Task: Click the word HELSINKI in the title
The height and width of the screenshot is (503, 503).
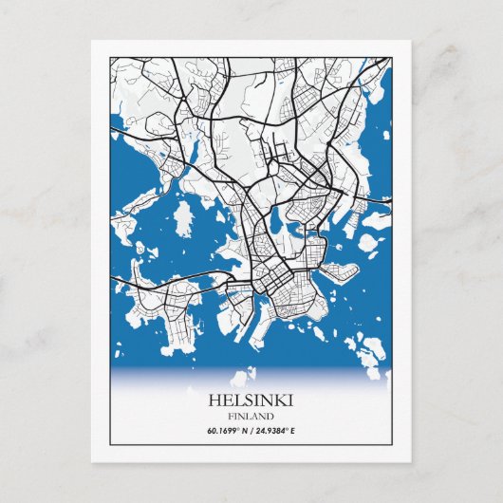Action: coord(251,401)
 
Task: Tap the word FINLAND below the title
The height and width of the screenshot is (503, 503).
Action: coord(251,416)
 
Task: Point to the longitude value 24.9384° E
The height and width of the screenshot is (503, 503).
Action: coord(275,432)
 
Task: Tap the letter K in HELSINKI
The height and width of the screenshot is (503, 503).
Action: coord(276,401)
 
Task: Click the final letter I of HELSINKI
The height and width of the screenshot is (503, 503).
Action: coord(289,401)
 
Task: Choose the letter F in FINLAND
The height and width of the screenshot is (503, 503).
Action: coord(231,416)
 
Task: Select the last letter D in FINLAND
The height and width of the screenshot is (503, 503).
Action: coord(271,416)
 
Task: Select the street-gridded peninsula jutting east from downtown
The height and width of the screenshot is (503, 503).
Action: coord(337,274)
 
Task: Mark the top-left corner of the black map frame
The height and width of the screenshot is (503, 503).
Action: coord(111,58)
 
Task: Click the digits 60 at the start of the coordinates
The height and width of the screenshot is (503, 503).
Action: coord(211,432)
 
